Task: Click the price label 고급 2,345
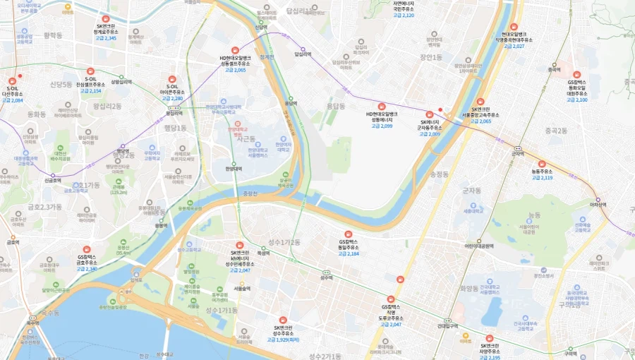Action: coord(106,38)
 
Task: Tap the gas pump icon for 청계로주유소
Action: coord(106,19)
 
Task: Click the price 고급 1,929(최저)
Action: coord(282,340)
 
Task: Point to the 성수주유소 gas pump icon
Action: coord(282,320)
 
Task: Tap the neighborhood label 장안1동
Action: coord(430,56)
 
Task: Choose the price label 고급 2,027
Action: coord(513,46)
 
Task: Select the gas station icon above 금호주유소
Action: coord(87,249)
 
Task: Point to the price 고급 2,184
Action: coord(348,253)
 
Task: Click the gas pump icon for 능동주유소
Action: coord(541,164)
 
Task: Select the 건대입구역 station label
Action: coord(447,326)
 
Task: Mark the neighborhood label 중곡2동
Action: coord(556,131)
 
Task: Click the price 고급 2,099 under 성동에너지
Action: coord(381,126)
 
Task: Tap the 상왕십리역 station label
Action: coord(121,82)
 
